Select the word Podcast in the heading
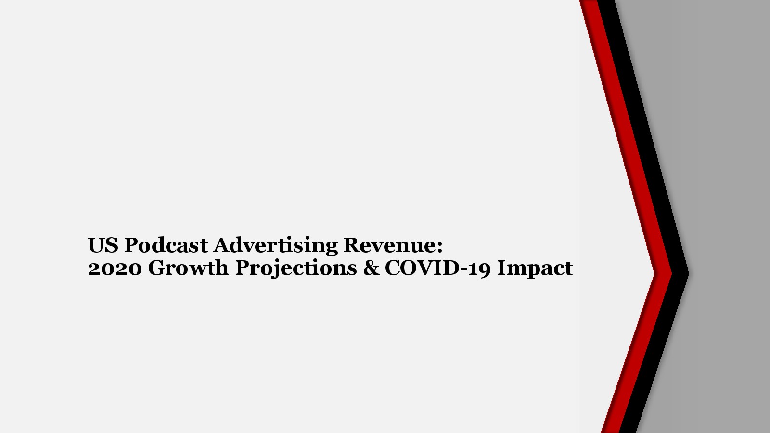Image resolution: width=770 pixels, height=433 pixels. (x=166, y=245)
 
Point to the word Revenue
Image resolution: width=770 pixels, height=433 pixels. (x=390, y=245)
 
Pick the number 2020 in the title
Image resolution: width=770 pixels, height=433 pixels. (x=115, y=268)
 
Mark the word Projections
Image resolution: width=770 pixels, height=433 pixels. (x=296, y=269)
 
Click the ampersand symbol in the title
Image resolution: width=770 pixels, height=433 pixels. (x=371, y=268)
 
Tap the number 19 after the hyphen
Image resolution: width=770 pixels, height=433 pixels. (x=480, y=268)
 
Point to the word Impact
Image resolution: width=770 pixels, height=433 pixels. (x=535, y=268)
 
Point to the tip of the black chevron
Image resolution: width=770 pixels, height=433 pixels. (x=689, y=274)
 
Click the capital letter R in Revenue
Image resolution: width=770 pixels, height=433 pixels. (x=352, y=245)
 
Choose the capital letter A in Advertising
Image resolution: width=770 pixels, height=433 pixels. (x=222, y=245)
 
